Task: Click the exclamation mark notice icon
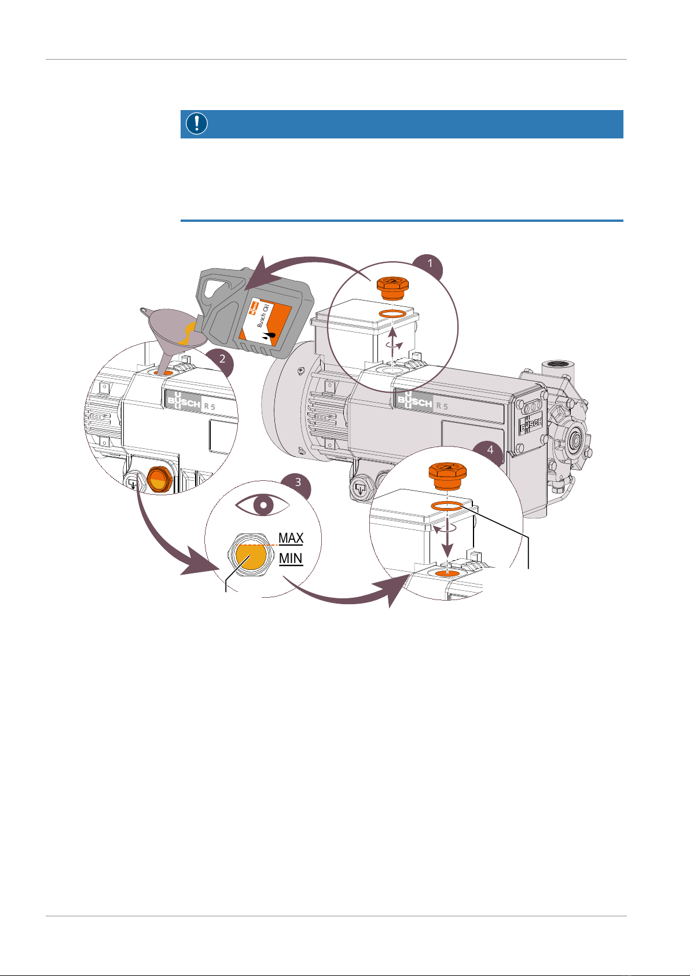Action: point(197,123)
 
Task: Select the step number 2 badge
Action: point(222,360)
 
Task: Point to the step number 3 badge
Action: point(298,483)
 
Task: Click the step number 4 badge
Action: point(490,451)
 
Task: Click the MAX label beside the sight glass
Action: point(291,539)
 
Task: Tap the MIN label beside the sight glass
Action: point(291,558)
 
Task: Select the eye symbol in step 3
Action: point(262,505)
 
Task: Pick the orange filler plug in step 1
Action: point(392,288)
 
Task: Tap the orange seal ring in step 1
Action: point(392,314)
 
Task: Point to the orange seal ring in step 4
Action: point(447,506)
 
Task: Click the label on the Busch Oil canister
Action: point(265,321)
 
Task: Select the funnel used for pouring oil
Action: point(172,335)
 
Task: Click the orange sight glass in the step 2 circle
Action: point(160,479)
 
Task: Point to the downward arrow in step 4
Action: point(447,536)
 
